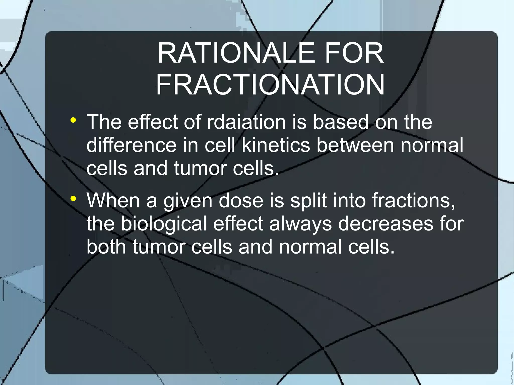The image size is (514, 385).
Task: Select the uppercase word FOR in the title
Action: click(354, 53)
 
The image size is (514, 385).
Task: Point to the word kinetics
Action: click(276, 145)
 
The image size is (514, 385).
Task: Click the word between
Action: click(355, 145)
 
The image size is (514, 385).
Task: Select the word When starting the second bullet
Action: click(113, 200)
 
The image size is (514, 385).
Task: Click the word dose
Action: click(241, 200)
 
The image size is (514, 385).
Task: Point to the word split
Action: click(308, 201)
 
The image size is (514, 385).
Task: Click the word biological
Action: click(164, 224)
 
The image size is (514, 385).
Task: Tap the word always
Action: click(300, 224)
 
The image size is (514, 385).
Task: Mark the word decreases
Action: click(385, 223)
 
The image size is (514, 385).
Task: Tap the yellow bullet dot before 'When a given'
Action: click(73, 199)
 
